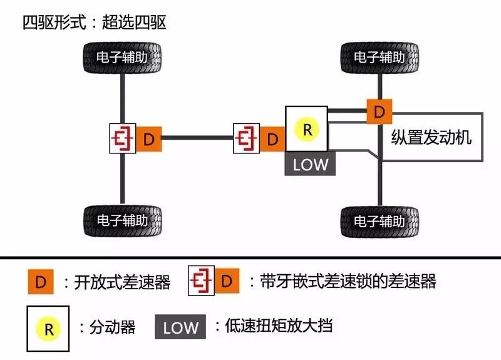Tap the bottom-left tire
123,220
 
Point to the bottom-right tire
380,221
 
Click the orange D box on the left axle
149,138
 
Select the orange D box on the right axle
379,111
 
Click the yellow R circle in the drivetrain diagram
306,130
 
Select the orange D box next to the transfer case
272,139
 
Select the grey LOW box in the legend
181,327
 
